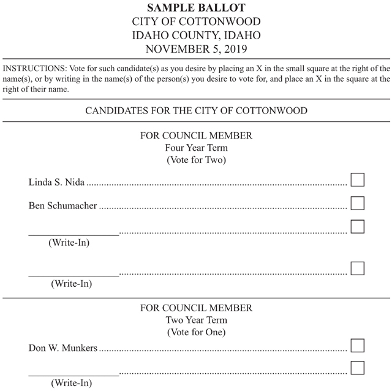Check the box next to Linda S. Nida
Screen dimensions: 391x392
[x=357, y=180]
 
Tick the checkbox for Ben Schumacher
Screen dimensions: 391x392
[x=357, y=203]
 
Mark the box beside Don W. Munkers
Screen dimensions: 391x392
[x=357, y=346]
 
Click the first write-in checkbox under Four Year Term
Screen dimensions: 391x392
[x=357, y=227]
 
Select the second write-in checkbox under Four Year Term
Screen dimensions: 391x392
[x=357, y=268]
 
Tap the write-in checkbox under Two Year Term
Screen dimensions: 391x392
[x=357, y=368]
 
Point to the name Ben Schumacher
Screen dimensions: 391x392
[x=63, y=206]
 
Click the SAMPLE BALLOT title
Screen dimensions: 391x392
[x=196, y=8]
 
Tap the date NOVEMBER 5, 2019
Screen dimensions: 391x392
[x=196, y=48]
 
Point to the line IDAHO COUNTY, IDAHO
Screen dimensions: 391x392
[x=196, y=35]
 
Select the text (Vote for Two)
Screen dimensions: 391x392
[x=196, y=160]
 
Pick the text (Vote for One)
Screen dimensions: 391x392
[x=196, y=332]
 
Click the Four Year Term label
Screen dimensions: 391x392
[x=196, y=148]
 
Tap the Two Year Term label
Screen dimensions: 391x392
[x=196, y=320]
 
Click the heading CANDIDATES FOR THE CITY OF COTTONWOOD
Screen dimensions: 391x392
[x=196, y=112]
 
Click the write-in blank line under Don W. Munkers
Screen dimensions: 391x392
[x=73, y=374]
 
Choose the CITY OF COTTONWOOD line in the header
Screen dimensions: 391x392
[x=196, y=21]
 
